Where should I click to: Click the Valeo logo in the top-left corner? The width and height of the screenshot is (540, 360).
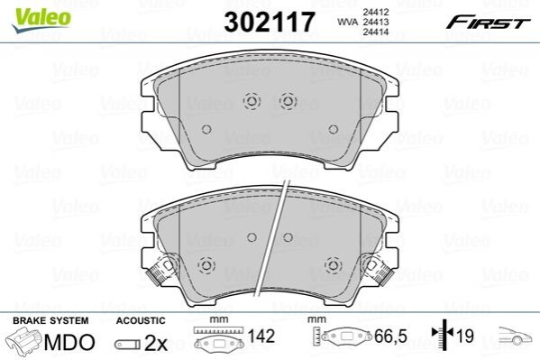(x=41, y=20)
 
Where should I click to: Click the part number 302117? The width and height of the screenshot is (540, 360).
(x=270, y=22)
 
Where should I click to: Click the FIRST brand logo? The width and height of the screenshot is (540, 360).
(x=488, y=23)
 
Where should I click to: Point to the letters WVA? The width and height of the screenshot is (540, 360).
(x=347, y=22)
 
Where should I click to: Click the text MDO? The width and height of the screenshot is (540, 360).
(x=69, y=342)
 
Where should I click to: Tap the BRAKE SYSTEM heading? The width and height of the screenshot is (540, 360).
(x=50, y=320)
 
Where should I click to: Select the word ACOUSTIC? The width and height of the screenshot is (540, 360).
(x=141, y=320)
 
